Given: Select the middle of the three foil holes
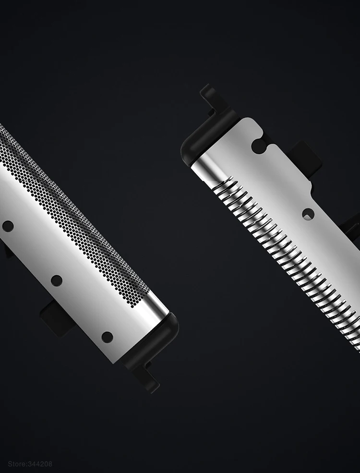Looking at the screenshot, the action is [56, 280].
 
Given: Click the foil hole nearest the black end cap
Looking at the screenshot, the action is [107, 337].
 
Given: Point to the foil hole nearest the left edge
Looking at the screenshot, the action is [8, 226].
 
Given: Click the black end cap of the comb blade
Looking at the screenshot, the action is [208, 136].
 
